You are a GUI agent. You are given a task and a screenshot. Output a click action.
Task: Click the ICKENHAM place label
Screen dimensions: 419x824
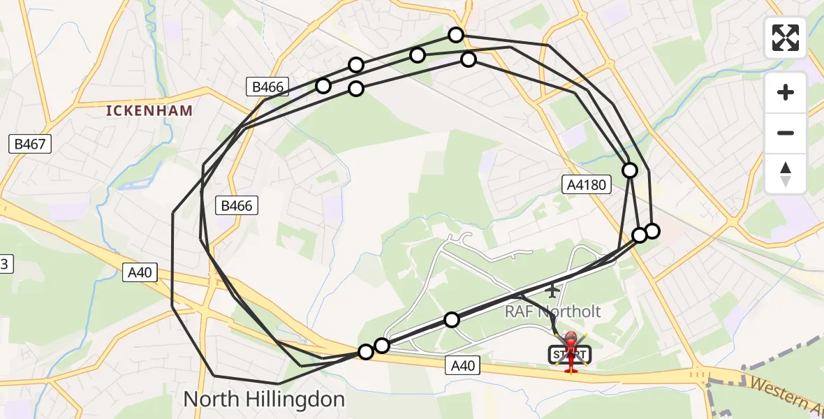149,110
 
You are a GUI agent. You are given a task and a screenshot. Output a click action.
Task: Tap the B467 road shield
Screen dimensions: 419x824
30,145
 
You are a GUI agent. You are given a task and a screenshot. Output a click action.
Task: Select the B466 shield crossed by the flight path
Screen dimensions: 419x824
267,87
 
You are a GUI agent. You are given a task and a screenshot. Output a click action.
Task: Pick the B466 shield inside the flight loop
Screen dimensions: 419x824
237,205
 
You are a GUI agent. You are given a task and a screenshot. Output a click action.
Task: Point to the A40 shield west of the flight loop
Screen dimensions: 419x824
140,272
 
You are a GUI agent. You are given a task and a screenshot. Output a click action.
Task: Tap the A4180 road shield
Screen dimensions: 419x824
587,184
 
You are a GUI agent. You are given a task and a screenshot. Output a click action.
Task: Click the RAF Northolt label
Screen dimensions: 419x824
553,311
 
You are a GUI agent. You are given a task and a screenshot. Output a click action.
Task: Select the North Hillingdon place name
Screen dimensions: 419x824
264,399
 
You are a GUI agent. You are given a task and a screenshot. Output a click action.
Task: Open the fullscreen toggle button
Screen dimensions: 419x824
786,38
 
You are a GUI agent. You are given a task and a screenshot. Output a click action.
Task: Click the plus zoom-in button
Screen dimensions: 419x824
786,92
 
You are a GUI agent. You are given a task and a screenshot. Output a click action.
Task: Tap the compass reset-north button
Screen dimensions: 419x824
786,174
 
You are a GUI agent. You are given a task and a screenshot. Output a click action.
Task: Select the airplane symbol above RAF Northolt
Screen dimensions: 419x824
553,290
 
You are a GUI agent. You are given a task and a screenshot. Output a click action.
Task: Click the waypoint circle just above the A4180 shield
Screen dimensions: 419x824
630,170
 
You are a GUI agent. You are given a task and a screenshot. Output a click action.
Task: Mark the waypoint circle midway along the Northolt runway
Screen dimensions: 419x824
452,320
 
